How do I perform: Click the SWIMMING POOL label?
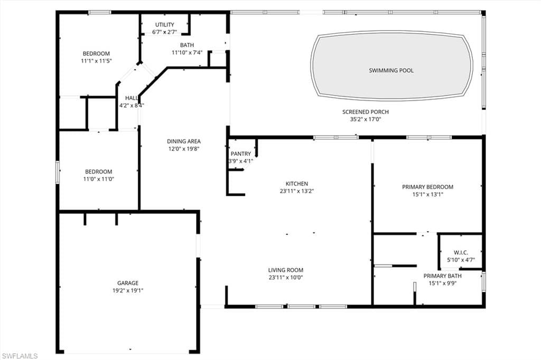(391, 70)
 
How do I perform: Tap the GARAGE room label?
(128, 283)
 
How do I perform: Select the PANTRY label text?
(241, 154)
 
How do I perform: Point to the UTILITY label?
(165, 25)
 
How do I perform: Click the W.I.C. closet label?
(461, 253)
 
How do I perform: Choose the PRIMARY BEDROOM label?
(428, 187)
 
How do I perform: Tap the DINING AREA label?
(183, 141)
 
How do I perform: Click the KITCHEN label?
(297, 184)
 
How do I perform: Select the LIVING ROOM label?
(286, 270)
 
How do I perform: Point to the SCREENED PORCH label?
(366, 112)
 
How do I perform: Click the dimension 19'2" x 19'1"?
(128, 291)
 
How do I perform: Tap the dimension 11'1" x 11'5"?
(96, 61)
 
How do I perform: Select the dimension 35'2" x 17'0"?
(366, 120)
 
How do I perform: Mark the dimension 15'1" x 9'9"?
(443, 283)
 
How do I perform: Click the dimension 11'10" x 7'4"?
(187, 53)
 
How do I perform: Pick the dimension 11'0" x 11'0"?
(99, 179)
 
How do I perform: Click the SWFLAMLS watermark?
(20, 356)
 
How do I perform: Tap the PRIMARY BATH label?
(443, 276)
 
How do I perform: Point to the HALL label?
(132, 98)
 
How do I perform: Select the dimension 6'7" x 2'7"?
(165, 32)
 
